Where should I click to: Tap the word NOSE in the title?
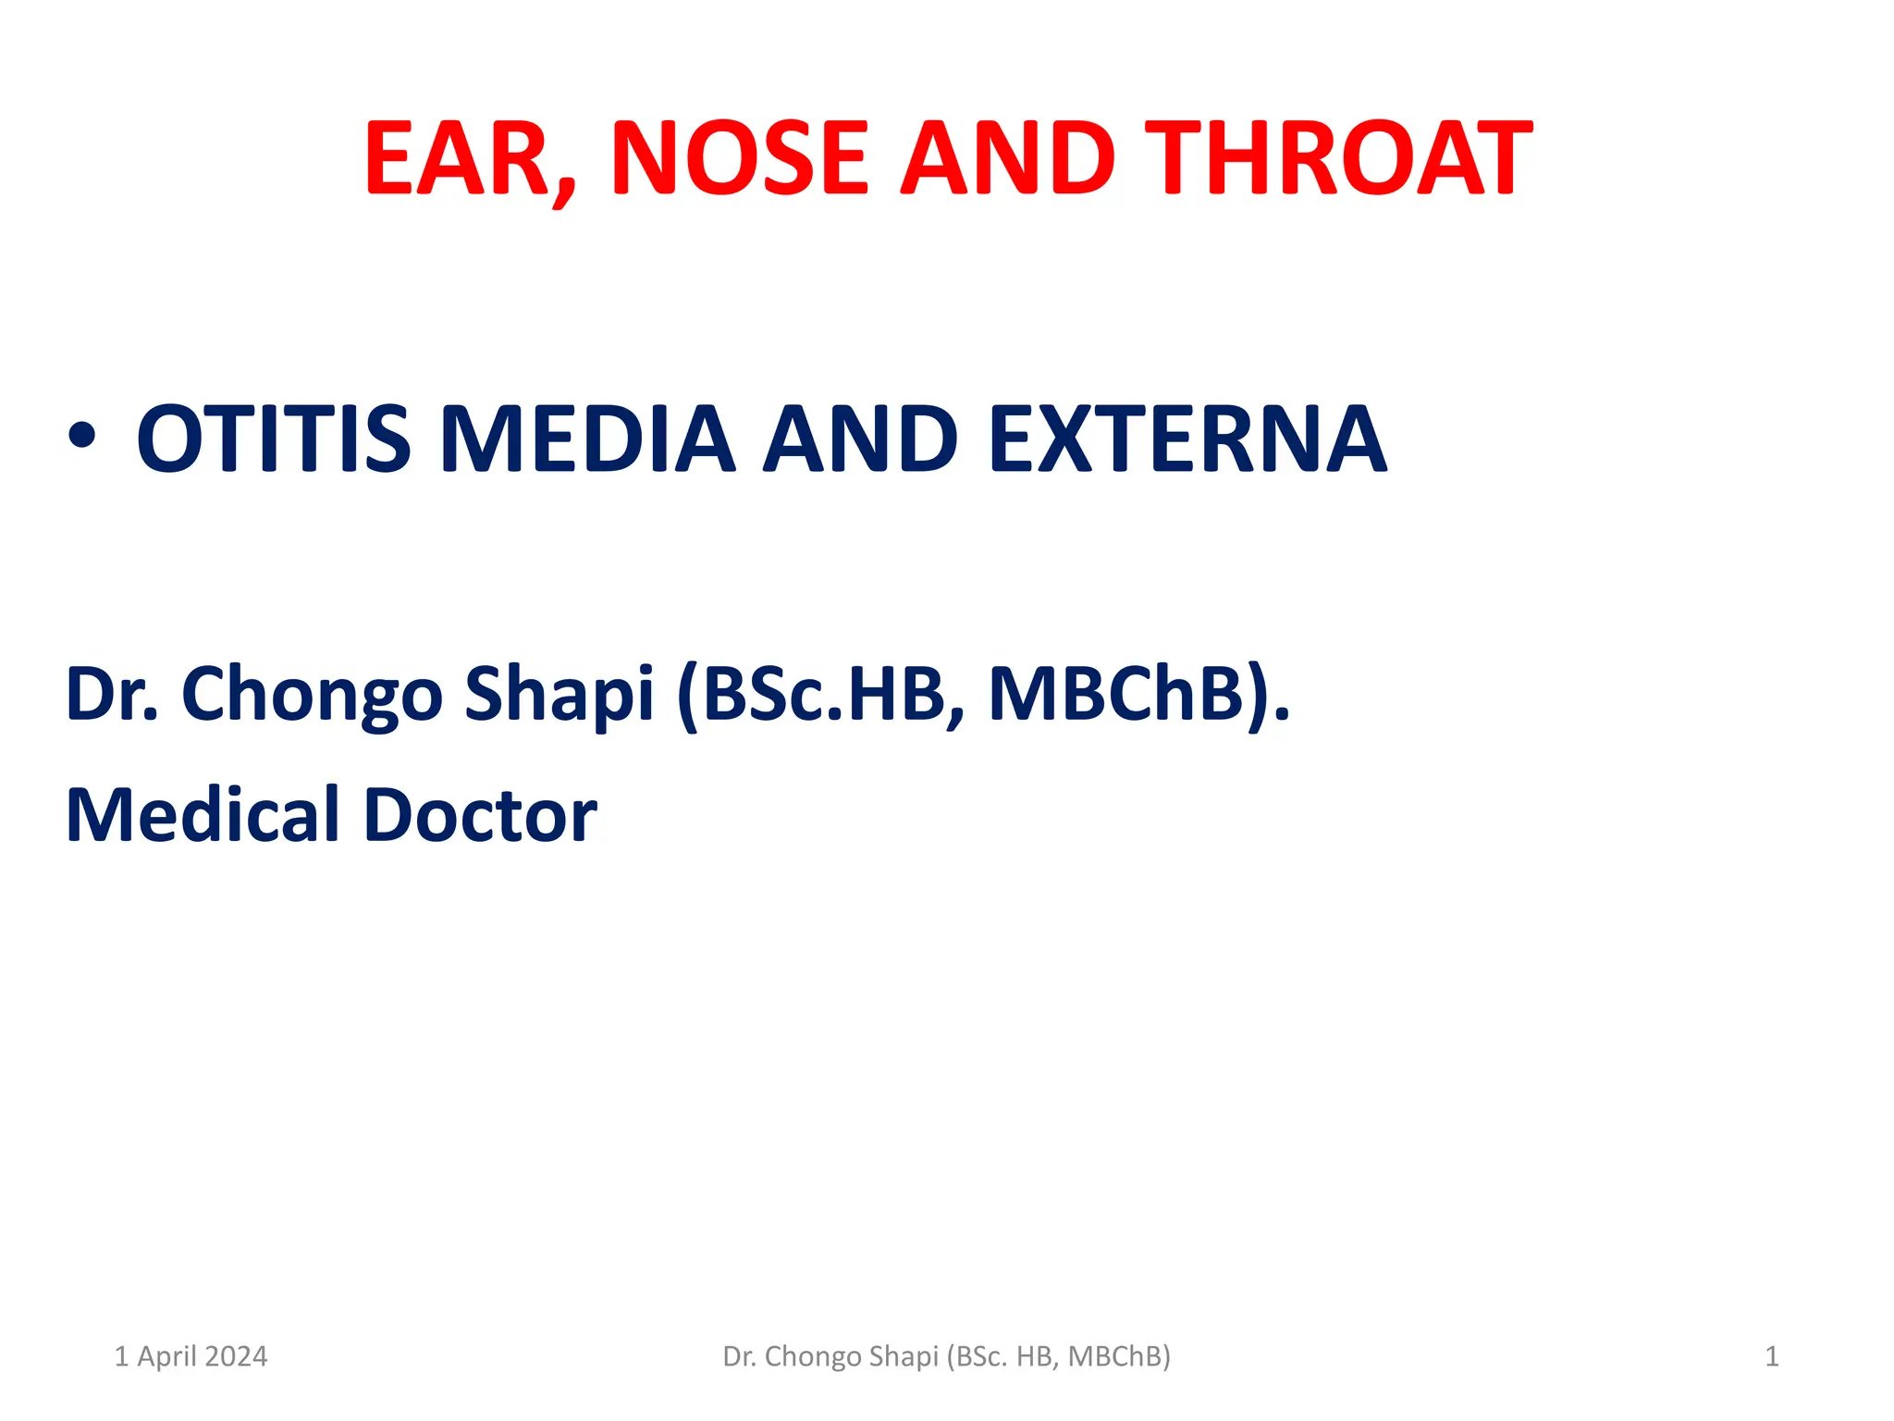(x=738, y=159)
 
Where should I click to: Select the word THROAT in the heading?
(x=1338, y=159)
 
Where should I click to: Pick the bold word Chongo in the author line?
(x=312, y=694)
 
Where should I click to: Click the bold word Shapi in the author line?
(x=559, y=694)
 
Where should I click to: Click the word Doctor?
(x=481, y=815)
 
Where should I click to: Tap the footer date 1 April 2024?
(x=191, y=1356)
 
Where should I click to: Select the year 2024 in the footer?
(x=236, y=1356)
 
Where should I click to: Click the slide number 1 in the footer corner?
(x=1772, y=1356)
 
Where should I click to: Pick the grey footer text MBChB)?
(x=1119, y=1356)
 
